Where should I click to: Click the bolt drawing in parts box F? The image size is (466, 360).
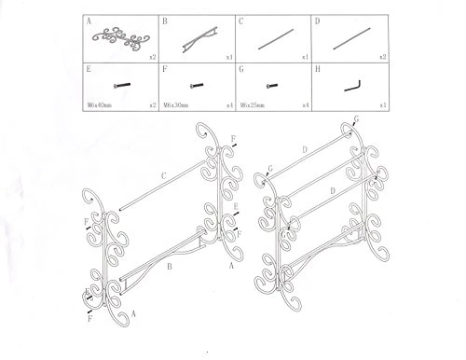click(x=199, y=84)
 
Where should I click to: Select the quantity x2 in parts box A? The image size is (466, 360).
click(x=151, y=53)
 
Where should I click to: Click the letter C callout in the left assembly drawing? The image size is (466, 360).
click(x=164, y=173)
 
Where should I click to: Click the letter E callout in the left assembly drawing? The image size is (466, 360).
click(x=240, y=207)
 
